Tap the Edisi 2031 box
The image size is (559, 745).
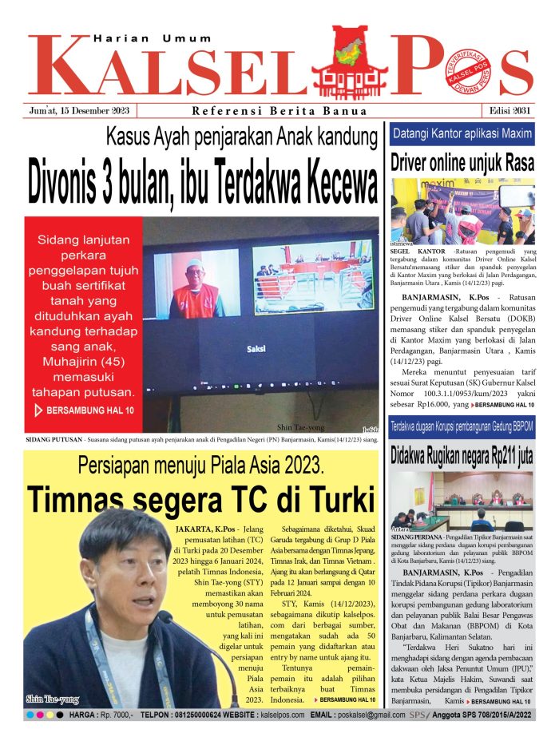(512, 111)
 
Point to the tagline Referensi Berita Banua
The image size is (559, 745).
(279, 111)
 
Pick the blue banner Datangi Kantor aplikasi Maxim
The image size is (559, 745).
(462, 134)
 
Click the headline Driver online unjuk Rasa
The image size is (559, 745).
(462, 163)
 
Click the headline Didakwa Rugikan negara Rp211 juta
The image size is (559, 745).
(462, 457)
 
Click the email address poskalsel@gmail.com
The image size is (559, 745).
(369, 715)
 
